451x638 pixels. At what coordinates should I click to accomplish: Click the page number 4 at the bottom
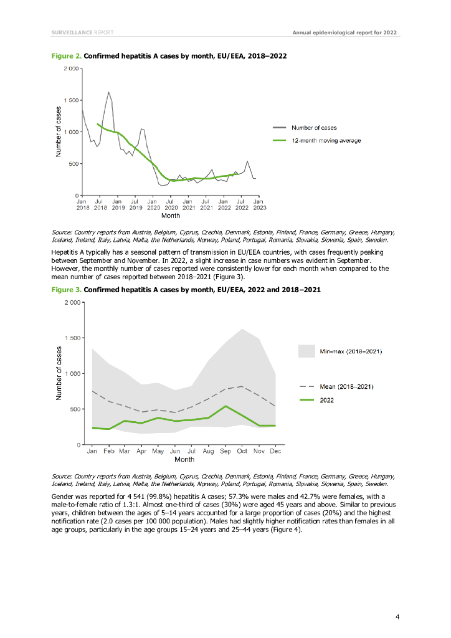397,617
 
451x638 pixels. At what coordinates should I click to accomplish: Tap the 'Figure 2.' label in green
65,56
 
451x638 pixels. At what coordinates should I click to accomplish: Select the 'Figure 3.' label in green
65,290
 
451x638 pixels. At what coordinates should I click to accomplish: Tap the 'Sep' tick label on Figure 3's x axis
225,450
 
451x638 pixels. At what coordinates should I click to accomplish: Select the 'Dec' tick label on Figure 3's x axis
276,450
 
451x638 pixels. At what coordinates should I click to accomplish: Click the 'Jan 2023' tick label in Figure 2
258,205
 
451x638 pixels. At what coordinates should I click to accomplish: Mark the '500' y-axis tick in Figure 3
75,409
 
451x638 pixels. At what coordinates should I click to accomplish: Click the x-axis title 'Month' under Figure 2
171,216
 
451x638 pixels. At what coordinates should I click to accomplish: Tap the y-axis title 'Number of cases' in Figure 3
59,373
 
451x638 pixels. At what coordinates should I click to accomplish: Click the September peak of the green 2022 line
225,406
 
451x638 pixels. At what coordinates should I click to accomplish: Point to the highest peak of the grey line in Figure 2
108,92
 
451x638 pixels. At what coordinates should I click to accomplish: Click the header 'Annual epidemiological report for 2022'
344,32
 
